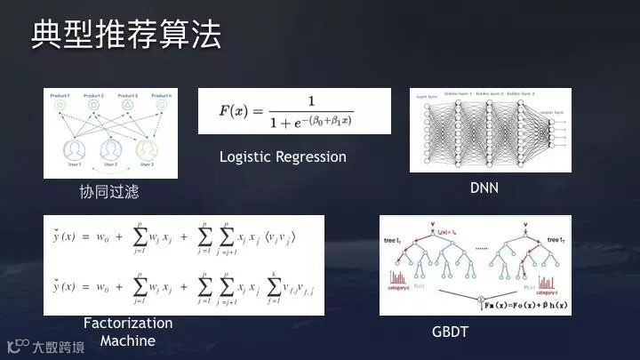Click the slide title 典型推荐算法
click(x=125, y=36)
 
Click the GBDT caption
click(x=451, y=332)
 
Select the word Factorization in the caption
click(x=128, y=323)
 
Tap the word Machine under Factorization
click(x=127, y=340)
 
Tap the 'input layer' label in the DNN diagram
click(x=427, y=92)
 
